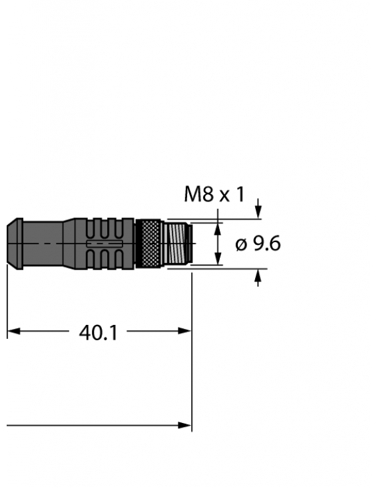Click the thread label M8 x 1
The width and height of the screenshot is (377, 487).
tap(214, 195)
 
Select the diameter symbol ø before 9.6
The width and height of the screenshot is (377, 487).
tap(241, 245)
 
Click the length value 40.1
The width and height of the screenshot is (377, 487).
tap(98, 332)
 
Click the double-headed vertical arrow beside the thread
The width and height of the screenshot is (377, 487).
tap(217, 244)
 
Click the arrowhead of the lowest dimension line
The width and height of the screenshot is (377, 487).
tap(187, 425)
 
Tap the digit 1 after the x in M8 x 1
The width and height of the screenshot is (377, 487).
tap(239, 195)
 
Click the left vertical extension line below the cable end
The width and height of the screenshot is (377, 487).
tap(7, 300)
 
